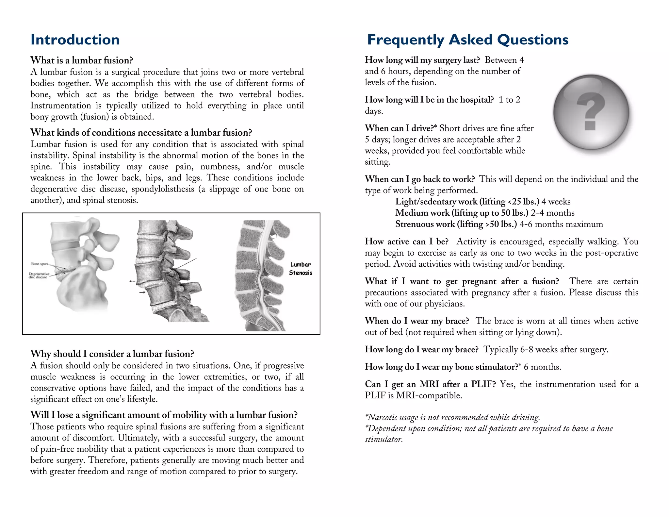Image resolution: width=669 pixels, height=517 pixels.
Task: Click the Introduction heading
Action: coord(75,40)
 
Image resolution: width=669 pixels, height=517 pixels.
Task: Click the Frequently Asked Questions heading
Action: coord(467,40)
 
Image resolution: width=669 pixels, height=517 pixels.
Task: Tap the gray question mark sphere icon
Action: coord(591,112)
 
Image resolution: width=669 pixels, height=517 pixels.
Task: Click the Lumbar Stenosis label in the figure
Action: coord(300,269)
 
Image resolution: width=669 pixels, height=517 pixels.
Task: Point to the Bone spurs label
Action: coord(40,264)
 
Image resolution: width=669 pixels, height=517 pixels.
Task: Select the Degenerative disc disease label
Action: coord(39,275)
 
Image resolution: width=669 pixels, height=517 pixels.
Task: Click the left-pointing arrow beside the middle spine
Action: coord(132,281)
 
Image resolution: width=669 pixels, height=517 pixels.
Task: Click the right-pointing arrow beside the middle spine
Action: coord(142,292)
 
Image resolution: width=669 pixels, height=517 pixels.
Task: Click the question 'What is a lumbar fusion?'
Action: coord(82,60)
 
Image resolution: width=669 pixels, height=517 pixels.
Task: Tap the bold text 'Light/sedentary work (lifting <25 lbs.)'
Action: coord(467,202)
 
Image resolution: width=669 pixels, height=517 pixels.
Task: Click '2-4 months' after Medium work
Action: coord(552,213)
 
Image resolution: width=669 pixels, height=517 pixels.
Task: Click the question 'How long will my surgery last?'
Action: coord(422,60)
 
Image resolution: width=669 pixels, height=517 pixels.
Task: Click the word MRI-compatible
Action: coord(429,395)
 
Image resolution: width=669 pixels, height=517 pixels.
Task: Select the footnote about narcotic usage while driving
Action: coord(452,417)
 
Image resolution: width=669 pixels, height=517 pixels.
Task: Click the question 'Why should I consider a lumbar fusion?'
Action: coord(112,354)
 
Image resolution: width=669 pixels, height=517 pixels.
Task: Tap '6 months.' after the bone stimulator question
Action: coord(542,367)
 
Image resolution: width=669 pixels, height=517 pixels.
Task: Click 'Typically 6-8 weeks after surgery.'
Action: coord(546,350)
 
